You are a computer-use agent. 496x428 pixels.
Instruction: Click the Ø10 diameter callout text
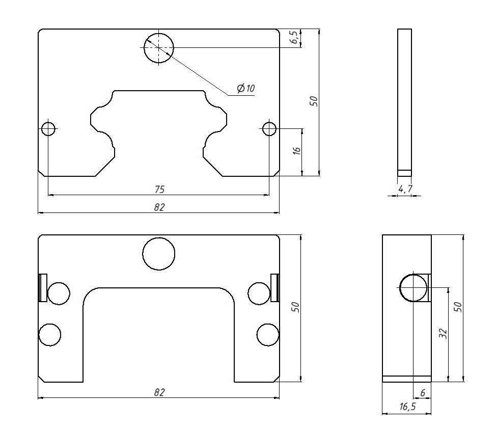pyautogui.click(x=246, y=88)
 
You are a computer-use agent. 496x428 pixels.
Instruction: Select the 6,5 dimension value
pyautogui.click(x=294, y=37)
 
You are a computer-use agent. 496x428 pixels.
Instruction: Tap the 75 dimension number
pyautogui.click(x=160, y=190)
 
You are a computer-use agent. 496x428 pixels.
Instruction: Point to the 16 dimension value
pyautogui.click(x=297, y=150)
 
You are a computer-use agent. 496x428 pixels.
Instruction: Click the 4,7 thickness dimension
pyautogui.click(x=405, y=189)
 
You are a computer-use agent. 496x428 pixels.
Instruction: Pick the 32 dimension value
pyautogui.click(x=444, y=334)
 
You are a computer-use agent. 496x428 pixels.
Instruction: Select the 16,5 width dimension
pyautogui.click(x=407, y=407)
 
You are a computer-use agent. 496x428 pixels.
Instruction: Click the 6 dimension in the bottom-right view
pyautogui.click(x=423, y=393)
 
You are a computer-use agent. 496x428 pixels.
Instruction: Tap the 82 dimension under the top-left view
pyautogui.click(x=159, y=207)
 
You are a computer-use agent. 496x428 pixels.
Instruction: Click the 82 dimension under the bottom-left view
pyautogui.click(x=159, y=392)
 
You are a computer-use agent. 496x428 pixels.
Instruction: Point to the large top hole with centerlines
pyautogui.click(x=159, y=48)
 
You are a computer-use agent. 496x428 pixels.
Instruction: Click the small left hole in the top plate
pyautogui.click(x=48, y=129)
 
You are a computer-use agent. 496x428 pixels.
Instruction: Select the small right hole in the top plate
pyautogui.click(x=269, y=129)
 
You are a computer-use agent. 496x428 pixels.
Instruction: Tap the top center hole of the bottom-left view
pyautogui.click(x=158, y=254)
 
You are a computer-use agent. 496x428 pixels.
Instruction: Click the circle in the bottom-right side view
pyautogui.click(x=413, y=288)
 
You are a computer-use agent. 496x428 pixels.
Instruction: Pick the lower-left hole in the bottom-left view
pyautogui.click(x=50, y=335)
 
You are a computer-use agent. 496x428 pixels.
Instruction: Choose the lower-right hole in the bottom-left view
pyautogui.click(x=268, y=335)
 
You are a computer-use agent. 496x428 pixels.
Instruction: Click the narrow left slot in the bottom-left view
pyautogui.click(x=43, y=287)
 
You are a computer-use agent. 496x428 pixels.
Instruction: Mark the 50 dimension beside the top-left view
pyautogui.click(x=314, y=101)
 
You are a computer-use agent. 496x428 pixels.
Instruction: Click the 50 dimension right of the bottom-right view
pyautogui.click(x=458, y=307)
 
